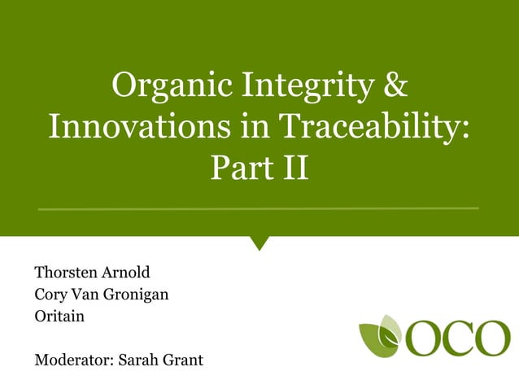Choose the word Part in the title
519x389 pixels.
(238, 169)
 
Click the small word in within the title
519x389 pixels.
(250, 128)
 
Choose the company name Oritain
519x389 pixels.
(59, 316)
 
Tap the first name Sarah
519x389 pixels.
(138, 360)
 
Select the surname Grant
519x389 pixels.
(183, 360)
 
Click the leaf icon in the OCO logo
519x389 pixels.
(381, 335)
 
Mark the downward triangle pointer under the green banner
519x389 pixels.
(259, 242)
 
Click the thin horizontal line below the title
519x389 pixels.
(259, 208)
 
